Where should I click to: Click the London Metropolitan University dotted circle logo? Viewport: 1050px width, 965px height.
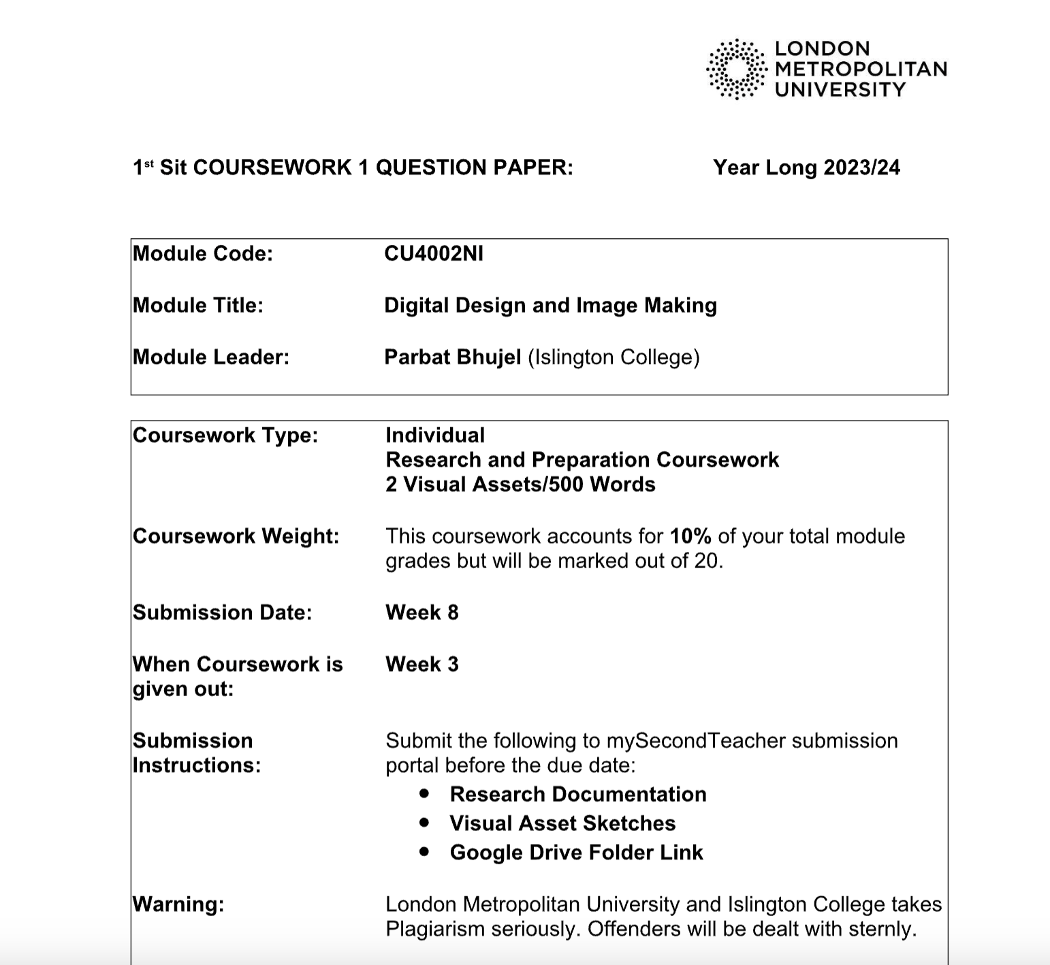click(736, 69)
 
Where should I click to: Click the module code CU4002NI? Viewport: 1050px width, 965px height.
click(434, 254)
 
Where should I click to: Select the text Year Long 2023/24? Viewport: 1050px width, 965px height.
click(806, 167)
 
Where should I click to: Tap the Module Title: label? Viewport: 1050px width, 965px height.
click(198, 306)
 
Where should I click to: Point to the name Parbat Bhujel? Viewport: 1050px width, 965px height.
click(453, 357)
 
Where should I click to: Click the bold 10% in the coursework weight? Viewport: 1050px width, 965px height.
click(690, 536)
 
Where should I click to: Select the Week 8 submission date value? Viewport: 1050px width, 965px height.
click(422, 612)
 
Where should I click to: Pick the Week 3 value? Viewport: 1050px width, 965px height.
click(422, 664)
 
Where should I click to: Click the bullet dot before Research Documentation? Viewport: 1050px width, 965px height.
click(425, 794)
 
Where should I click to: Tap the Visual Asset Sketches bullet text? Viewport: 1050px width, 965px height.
click(562, 823)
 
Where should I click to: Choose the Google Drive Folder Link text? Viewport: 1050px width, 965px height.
click(576, 853)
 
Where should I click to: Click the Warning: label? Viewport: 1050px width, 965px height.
click(178, 904)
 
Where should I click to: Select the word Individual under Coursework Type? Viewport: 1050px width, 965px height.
click(435, 436)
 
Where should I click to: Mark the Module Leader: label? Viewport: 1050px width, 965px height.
click(211, 357)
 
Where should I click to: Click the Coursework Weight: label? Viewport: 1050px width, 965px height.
click(236, 536)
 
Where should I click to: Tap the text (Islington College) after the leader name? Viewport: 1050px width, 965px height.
click(614, 357)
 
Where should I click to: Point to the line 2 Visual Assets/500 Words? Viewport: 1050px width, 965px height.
click(520, 485)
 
